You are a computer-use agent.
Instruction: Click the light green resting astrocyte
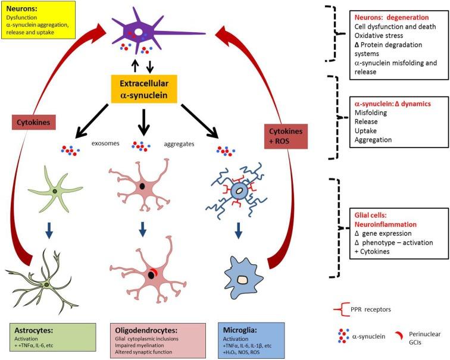(54, 190)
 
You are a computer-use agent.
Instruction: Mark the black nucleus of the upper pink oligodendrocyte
(142, 187)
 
